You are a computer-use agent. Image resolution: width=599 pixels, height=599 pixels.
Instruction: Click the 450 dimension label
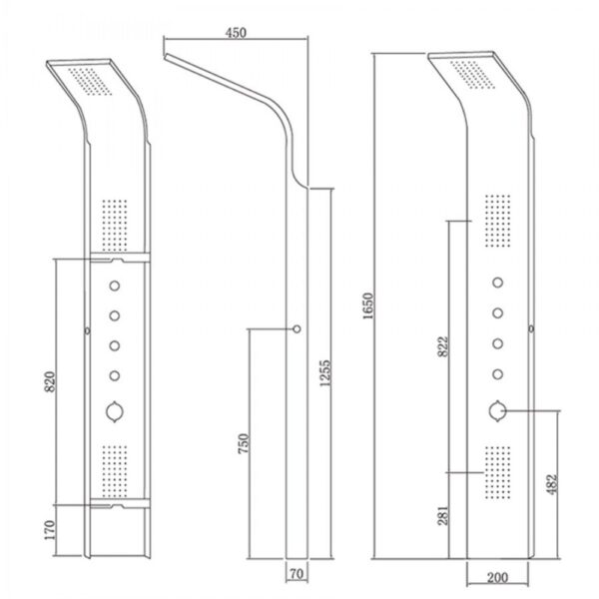pyautogui.click(x=236, y=33)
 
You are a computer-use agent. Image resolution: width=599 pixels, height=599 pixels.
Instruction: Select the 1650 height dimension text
pyautogui.click(x=367, y=306)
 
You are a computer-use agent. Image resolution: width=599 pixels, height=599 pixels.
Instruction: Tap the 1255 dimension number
pyautogui.click(x=324, y=373)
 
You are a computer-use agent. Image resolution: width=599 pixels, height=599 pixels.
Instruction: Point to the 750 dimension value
pyautogui.click(x=244, y=443)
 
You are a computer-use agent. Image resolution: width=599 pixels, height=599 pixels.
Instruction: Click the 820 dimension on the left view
pyautogui.click(x=50, y=381)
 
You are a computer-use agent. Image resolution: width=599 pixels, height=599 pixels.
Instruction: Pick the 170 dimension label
pyautogui.click(x=50, y=529)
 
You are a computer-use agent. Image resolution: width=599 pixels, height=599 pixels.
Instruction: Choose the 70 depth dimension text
pyautogui.click(x=297, y=573)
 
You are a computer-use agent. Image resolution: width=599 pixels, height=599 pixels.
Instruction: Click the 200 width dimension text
pyautogui.click(x=497, y=578)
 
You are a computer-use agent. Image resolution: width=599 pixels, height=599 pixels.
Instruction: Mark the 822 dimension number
pyautogui.click(x=442, y=346)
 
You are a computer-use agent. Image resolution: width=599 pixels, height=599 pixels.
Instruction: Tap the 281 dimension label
pyautogui.click(x=442, y=515)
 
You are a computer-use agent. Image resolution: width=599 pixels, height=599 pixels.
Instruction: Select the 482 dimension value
pyautogui.click(x=551, y=484)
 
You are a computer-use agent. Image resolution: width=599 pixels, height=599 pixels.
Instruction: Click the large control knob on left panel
pyautogui.click(x=114, y=411)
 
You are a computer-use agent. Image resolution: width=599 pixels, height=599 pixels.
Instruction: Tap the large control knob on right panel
pyautogui.click(x=497, y=411)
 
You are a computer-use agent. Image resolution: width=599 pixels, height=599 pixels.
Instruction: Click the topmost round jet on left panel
pyautogui.click(x=115, y=286)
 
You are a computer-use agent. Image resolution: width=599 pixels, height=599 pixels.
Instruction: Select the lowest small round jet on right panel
pyautogui.click(x=497, y=374)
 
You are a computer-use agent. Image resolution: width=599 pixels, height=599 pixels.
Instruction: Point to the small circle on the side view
pyautogui.click(x=297, y=328)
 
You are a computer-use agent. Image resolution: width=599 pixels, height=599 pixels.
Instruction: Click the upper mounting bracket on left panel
pyautogui.click(x=120, y=258)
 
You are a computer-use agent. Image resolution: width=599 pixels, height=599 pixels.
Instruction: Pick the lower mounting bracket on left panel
pyautogui.click(x=120, y=503)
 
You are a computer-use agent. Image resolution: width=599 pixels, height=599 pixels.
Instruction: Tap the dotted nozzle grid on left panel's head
pyautogui.click(x=90, y=82)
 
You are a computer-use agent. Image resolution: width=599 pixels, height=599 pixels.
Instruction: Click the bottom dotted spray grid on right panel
pyautogui.click(x=497, y=472)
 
